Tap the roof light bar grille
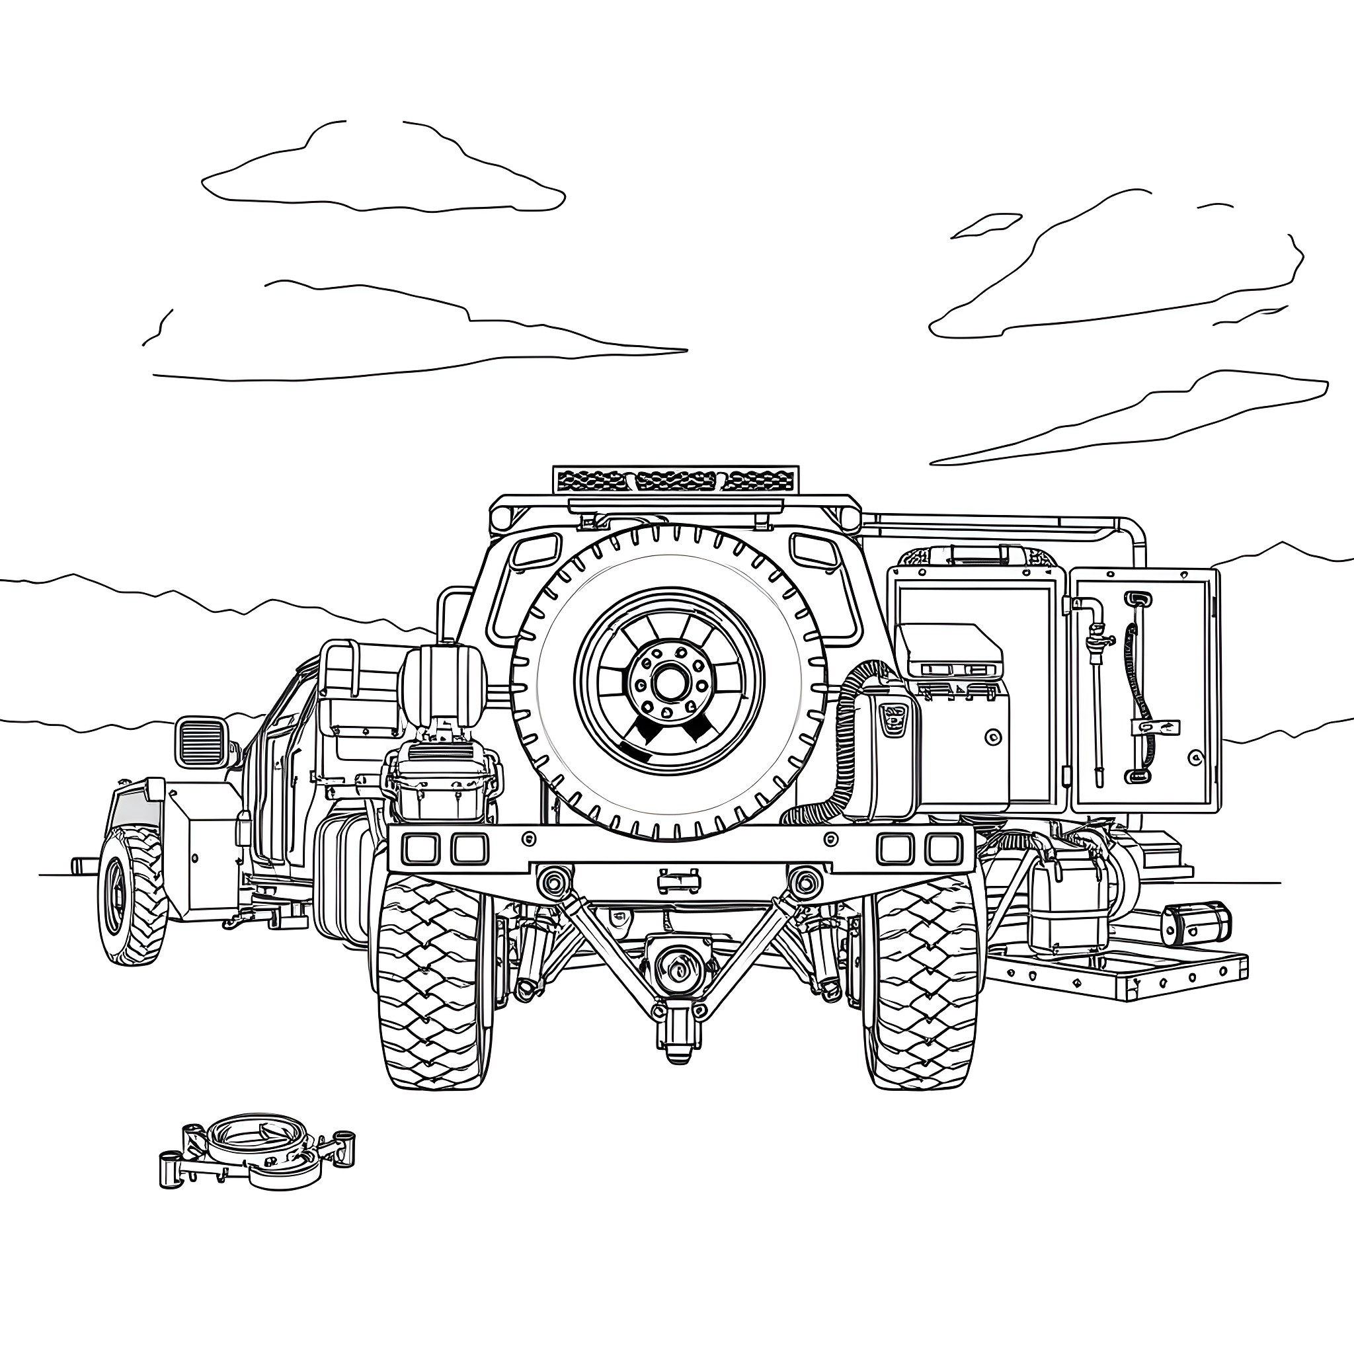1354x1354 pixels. pyautogui.click(x=675, y=480)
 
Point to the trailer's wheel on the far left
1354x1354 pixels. pyautogui.click(x=131, y=895)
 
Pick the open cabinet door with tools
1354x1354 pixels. pyautogui.click(x=1144, y=690)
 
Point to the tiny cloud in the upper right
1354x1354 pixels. pyautogui.click(x=985, y=225)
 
